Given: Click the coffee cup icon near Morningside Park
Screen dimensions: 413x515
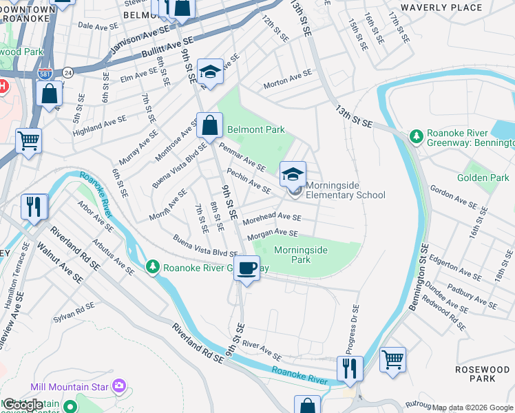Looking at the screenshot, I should pyautogui.click(x=247, y=268).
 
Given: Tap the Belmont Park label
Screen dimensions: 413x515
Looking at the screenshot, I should pyautogui.click(x=256, y=129).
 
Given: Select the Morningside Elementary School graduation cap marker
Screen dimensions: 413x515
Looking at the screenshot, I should pyautogui.click(x=293, y=175).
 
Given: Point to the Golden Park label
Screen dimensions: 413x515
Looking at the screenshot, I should pyautogui.click(x=483, y=178).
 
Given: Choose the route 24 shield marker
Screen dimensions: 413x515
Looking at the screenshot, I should pyautogui.click(x=67, y=72).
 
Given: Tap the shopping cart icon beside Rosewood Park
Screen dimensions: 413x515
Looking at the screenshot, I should pyautogui.click(x=392, y=359).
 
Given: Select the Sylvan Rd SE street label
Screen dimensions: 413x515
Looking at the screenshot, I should pyautogui.click(x=73, y=315).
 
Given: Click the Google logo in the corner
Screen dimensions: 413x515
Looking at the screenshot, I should pyautogui.click(x=22, y=405).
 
